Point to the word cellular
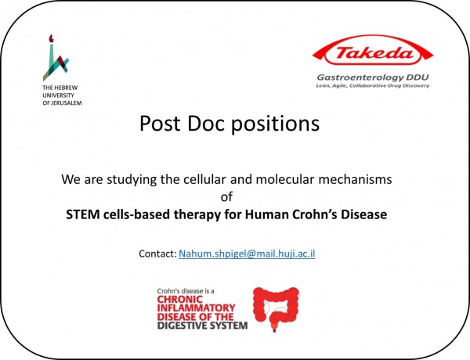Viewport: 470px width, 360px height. coord(204,180)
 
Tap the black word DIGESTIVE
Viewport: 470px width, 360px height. coord(182,326)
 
